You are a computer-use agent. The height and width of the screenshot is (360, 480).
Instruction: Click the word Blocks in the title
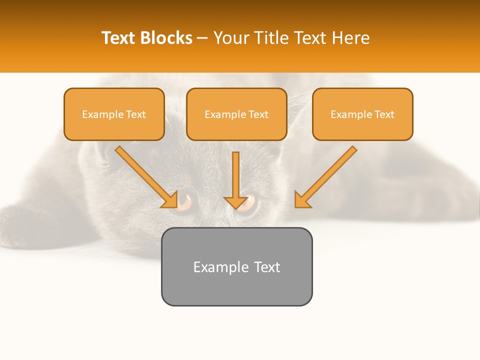pos(167,38)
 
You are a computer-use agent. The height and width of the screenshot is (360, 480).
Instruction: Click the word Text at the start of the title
pos(119,38)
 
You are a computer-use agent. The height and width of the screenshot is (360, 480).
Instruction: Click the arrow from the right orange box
pos(325,177)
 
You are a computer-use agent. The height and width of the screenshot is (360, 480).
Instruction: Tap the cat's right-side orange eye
pos(250,202)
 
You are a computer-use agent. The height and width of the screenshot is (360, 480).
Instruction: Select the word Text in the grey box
pos(267,267)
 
